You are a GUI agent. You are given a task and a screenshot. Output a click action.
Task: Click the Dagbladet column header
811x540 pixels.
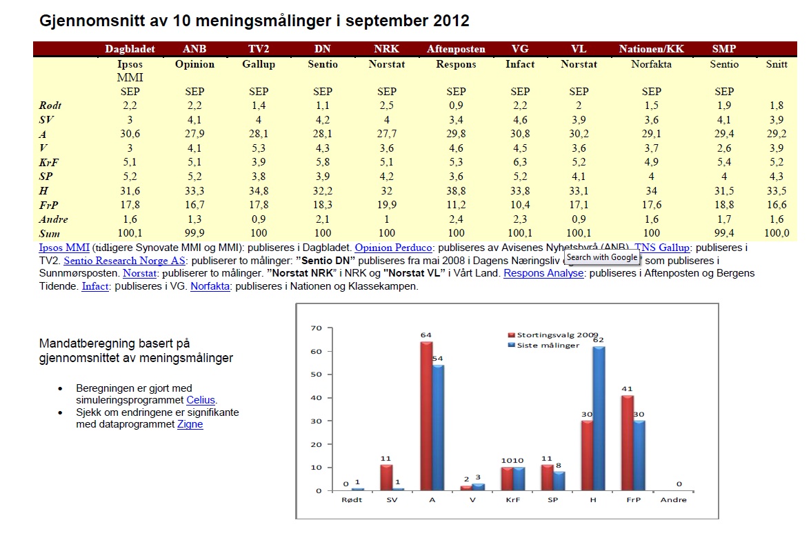pos(130,49)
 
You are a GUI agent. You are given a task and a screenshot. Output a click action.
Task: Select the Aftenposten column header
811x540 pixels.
pos(456,49)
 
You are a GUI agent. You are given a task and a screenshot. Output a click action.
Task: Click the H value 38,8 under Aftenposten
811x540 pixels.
pos(456,190)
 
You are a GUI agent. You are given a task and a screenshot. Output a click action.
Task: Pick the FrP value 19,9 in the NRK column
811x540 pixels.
pos(386,205)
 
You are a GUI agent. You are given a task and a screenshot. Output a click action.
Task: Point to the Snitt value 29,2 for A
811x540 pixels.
pos(777,134)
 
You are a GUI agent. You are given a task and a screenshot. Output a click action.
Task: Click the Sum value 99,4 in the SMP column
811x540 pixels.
pos(724,234)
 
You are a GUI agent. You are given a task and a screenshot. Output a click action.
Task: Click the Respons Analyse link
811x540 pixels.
pos(544,273)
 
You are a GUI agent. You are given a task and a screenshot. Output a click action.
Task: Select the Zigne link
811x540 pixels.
pos(190,425)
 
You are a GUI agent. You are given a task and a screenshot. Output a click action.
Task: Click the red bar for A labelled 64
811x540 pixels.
pos(426,416)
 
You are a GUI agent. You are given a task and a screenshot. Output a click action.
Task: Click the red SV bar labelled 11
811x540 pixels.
pos(386,477)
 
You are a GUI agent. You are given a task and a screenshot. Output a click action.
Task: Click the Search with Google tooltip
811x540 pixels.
pos(602,257)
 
